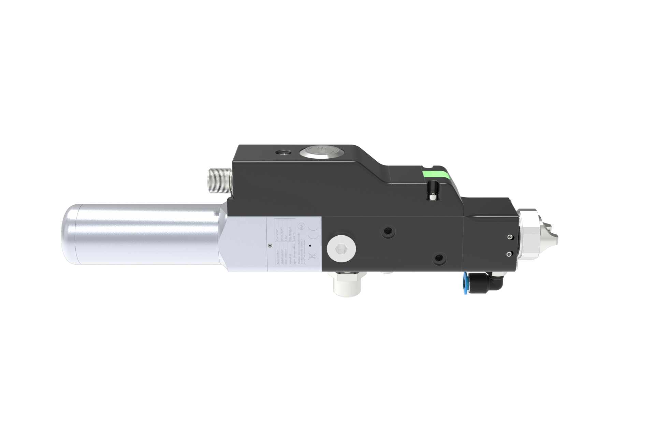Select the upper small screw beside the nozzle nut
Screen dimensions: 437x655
509,237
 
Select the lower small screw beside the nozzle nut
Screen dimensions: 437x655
509,253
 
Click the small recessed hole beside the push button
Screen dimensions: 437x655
283,151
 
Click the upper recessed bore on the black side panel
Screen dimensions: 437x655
387,232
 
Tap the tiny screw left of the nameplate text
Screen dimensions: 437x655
270,245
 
